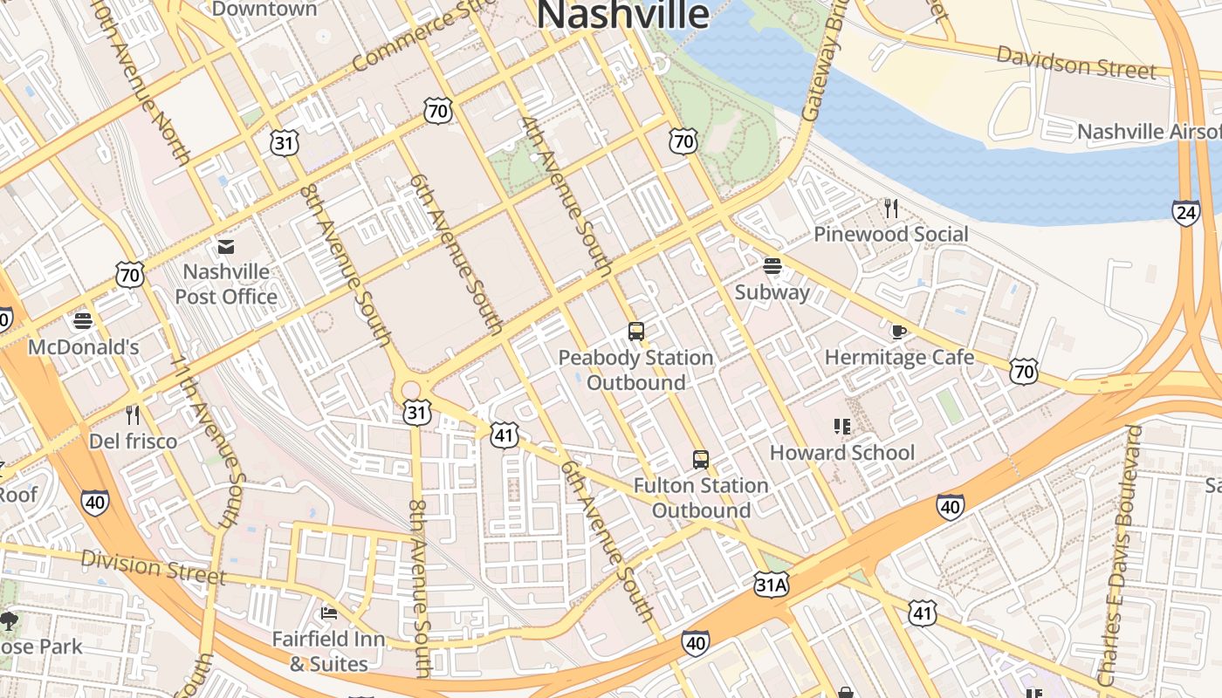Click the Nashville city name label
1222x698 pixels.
click(x=622, y=15)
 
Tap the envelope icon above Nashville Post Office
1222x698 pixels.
click(x=226, y=247)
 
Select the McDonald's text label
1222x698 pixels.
click(x=84, y=347)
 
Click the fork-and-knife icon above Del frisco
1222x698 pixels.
click(x=133, y=414)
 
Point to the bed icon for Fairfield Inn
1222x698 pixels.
click(x=329, y=613)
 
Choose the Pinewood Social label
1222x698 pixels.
click(x=890, y=234)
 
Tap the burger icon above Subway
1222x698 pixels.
click(x=772, y=265)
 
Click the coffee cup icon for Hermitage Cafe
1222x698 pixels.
click(x=899, y=332)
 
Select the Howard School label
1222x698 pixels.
click(x=841, y=453)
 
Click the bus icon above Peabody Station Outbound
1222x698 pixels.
click(x=636, y=332)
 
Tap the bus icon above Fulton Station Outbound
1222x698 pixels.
click(x=700, y=459)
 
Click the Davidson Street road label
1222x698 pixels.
click(x=1075, y=62)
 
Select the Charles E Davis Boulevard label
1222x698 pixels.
click(x=1121, y=554)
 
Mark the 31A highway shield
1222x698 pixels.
click(x=772, y=585)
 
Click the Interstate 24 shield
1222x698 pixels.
click(x=1185, y=213)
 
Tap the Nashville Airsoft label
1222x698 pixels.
click(x=1149, y=132)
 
